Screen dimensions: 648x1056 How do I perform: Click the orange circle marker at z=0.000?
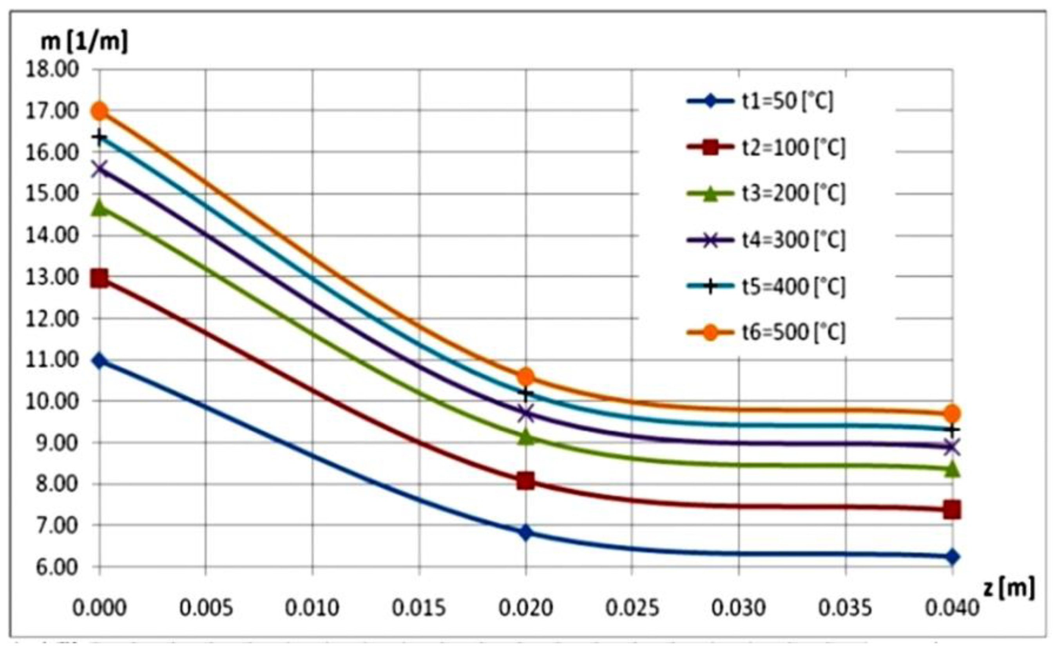pos(100,111)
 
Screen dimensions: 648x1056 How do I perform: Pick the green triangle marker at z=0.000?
pos(100,207)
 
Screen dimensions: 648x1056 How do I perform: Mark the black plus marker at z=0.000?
pos(100,138)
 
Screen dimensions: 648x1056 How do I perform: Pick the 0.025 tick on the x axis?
pos(632,608)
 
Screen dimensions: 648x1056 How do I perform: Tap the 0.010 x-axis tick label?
pos(312,608)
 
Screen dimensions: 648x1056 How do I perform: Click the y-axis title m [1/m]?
pos(84,43)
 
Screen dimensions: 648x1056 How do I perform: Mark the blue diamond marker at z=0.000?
pos(100,361)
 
